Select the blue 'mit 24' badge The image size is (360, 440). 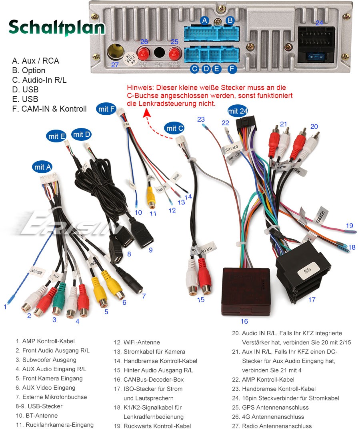tap(238, 111)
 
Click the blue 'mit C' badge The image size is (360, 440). tap(175, 128)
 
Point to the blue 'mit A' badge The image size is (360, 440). tap(42, 167)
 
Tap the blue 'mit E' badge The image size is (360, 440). tap(56, 136)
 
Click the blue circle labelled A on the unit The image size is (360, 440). tap(205, 20)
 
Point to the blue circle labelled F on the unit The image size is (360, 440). tap(232, 69)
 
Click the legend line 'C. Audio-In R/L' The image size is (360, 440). tap(39, 80)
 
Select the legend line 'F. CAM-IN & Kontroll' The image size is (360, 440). tap(49, 109)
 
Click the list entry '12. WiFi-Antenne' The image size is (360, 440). tap(137, 342)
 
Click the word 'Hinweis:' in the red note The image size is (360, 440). tap(140, 88)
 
